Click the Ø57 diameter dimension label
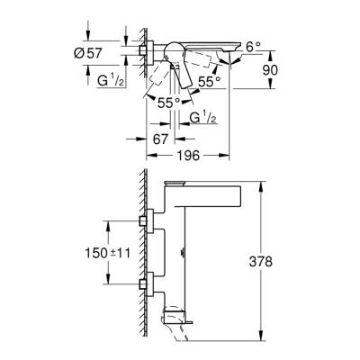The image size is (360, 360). coord(87,54)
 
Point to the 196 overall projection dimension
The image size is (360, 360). coord(187,157)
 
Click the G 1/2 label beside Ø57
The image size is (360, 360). coord(110,81)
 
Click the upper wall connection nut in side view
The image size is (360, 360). coord(146,220)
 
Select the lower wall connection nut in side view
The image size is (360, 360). coord(146,284)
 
